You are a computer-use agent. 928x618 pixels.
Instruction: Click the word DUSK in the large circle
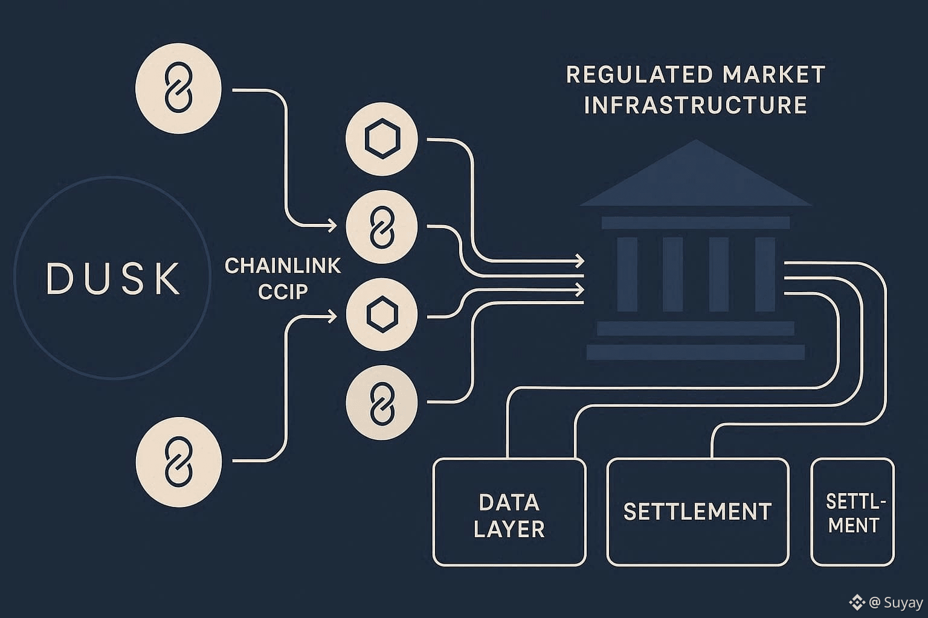point(113,278)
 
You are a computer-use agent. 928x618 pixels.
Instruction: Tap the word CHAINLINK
point(283,266)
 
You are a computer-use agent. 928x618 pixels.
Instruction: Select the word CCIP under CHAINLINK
point(283,291)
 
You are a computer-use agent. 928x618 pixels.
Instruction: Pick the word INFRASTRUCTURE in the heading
point(695,105)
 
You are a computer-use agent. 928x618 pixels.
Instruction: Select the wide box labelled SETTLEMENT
point(697,512)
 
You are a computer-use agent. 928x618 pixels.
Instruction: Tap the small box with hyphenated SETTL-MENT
point(852,512)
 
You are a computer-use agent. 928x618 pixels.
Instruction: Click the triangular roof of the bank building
point(695,178)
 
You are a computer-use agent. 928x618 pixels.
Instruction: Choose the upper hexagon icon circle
point(381,139)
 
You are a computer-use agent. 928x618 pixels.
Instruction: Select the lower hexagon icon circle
point(381,314)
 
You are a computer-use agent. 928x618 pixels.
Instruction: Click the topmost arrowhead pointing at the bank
point(580,261)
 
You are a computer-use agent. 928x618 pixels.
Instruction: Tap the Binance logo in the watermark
point(857,602)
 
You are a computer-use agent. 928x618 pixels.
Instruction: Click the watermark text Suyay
point(903,602)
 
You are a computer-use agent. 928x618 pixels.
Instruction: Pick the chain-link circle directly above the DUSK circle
point(178,88)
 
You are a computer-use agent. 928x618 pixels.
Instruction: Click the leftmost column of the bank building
point(627,274)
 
